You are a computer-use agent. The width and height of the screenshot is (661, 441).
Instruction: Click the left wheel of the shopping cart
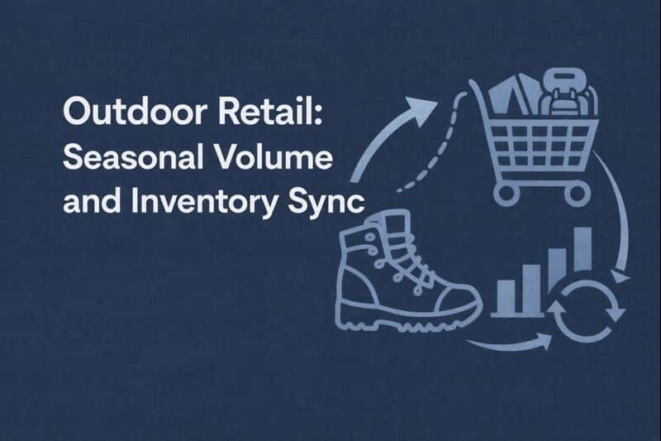pos(506,193)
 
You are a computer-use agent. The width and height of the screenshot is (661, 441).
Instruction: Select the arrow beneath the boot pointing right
pos(509,341)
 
